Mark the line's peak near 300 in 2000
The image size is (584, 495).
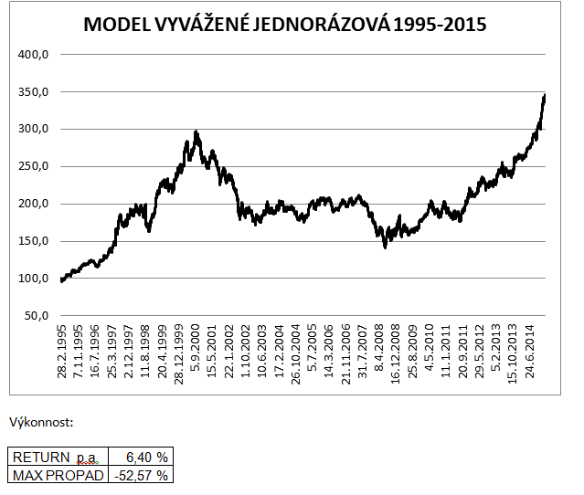pyautogui.click(x=196, y=132)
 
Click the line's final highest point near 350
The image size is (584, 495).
pyautogui.click(x=545, y=95)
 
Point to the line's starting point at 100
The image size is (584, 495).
pyautogui.click(x=61, y=280)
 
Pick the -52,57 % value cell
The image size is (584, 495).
pyautogui.click(x=139, y=474)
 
